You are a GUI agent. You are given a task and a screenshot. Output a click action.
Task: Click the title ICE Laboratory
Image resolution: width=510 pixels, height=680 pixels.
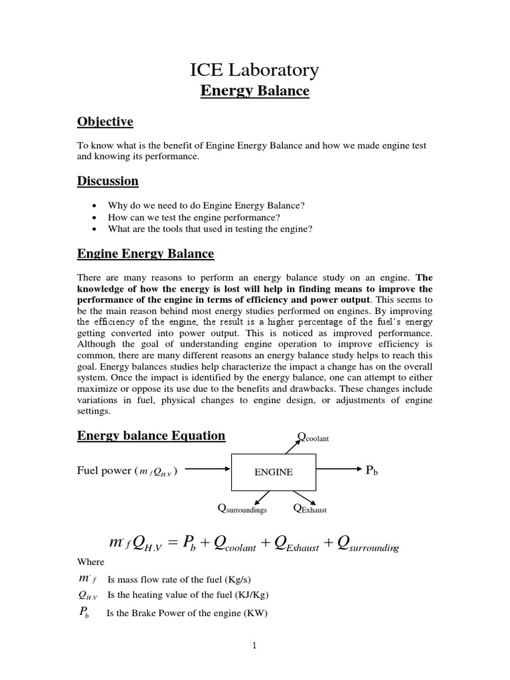coord(255,70)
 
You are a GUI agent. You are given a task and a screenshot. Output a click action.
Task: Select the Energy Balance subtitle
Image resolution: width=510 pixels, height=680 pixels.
coord(255,91)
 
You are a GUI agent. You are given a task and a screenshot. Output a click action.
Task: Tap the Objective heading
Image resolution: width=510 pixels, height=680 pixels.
coord(105,122)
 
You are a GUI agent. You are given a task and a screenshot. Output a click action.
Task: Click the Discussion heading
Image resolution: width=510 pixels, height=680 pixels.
coord(108,181)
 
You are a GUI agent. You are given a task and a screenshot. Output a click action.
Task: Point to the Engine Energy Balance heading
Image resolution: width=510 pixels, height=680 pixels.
coord(145,253)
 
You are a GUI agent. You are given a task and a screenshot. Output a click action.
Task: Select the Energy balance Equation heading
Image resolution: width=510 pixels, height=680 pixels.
coord(151,436)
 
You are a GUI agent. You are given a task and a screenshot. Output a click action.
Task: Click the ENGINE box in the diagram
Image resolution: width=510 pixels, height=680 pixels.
coord(274,471)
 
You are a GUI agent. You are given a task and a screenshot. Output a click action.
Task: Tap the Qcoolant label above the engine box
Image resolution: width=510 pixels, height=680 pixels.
coord(313,437)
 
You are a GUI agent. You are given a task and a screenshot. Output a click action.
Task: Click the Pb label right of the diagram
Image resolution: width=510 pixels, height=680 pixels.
coord(372,471)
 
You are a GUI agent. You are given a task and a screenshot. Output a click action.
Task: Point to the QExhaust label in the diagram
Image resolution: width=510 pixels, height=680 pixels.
coord(309,509)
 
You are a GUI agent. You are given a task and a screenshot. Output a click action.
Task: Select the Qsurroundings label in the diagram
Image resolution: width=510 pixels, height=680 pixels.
coord(242,509)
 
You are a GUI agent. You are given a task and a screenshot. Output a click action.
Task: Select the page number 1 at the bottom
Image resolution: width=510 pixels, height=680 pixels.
coord(254,646)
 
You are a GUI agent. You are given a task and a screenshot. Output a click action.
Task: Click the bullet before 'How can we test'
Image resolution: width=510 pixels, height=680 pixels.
coord(98,217)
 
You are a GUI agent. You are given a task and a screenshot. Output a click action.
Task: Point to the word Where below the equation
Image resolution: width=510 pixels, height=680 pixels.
coord(90,562)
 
